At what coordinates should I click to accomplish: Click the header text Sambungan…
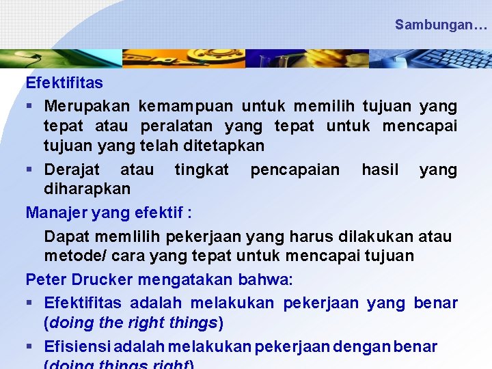(x=441, y=25)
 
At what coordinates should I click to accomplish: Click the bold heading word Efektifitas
(x=64, y=83)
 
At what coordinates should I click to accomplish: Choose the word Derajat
(x=72, y=169)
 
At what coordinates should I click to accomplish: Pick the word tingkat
(x=202, y=169)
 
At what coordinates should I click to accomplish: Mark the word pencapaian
(x=295, y=169)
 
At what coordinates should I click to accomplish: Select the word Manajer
(x=55, y=213)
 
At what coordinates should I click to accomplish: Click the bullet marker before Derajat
(x=30, y=169)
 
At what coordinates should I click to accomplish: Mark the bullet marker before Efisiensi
(x=30, y=346)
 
